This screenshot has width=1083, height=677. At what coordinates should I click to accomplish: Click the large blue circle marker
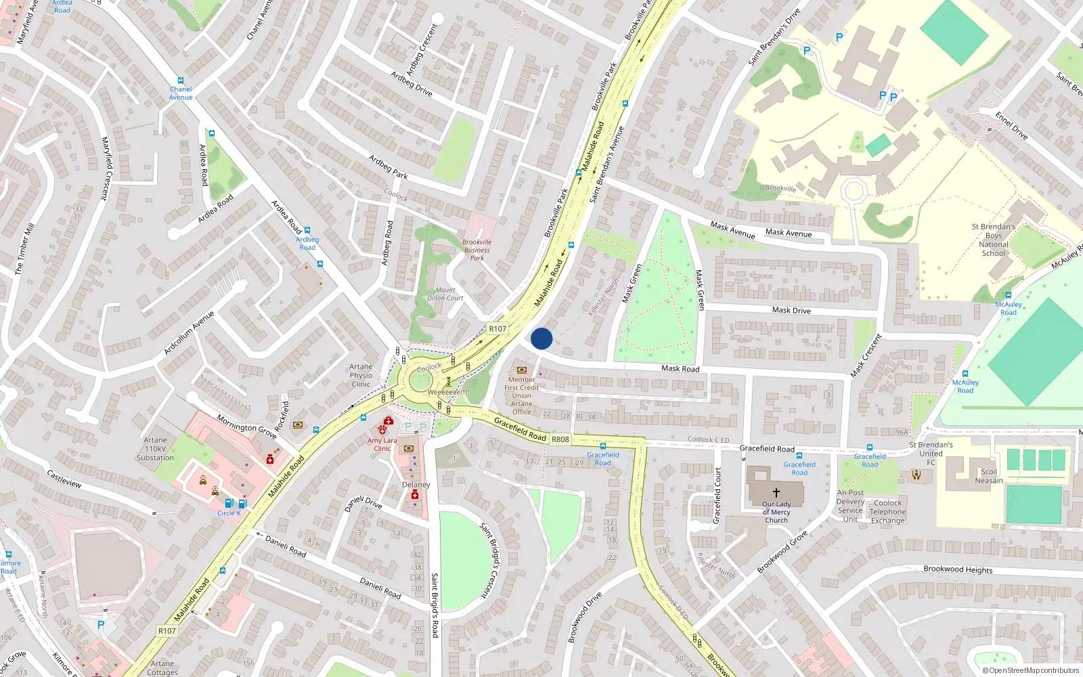coord(541,338)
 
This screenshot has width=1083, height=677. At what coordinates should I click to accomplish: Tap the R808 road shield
coord(560,439)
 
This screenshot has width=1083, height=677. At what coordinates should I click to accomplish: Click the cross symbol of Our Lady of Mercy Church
coord(776,492)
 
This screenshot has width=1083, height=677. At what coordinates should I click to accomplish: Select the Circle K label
coord(229,513)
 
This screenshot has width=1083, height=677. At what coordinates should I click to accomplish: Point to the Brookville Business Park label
coord(477,250)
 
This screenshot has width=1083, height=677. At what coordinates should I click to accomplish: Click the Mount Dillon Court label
coord(445,294)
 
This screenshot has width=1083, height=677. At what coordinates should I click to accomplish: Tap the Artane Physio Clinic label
coord(361,375)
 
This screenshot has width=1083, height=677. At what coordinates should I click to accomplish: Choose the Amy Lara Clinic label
coord(382,444)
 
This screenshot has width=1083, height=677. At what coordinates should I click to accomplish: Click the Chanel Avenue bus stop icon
coord(181,81)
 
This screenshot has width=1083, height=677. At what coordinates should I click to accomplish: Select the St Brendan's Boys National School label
coord(994,240)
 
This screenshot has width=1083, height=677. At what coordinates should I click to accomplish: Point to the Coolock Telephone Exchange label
coord(887,512)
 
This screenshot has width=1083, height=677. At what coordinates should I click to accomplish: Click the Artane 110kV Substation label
coord(155,449)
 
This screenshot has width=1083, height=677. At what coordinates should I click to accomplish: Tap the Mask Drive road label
coord(791,310)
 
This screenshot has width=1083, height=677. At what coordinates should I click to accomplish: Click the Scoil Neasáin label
coord(989,476)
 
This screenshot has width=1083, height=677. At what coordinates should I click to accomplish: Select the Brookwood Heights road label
coord(958,569)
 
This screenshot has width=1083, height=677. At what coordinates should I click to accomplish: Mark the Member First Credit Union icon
coord(521,370)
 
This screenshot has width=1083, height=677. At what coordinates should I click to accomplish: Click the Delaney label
coord(416,485)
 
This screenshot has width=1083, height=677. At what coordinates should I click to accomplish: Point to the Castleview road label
coord(65,479)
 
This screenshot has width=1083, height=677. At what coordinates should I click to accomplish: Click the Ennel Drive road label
coord(1011,126)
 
